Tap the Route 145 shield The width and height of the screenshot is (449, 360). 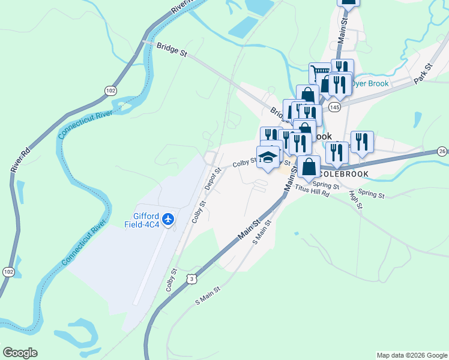tap(334, 106)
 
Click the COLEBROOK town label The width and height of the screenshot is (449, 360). tap(343, 173)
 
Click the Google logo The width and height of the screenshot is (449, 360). tap(20, 352)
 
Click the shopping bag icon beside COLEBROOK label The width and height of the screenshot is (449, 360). tap(309, 167)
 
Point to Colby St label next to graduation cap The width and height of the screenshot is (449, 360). tap(245, 162)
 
